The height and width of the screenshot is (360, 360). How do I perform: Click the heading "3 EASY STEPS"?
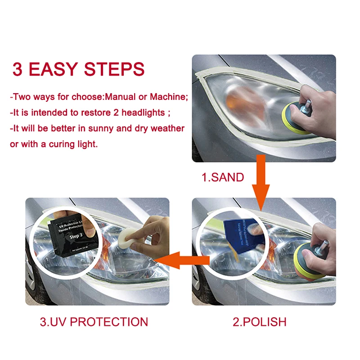tap(78, 70)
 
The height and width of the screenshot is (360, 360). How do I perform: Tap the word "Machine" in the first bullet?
tap(167, 97)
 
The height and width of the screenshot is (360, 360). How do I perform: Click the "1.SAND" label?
tap(222, 177)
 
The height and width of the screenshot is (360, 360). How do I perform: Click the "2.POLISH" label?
tap(259, 322)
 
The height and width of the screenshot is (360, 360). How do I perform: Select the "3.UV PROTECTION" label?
tap(94, 322)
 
